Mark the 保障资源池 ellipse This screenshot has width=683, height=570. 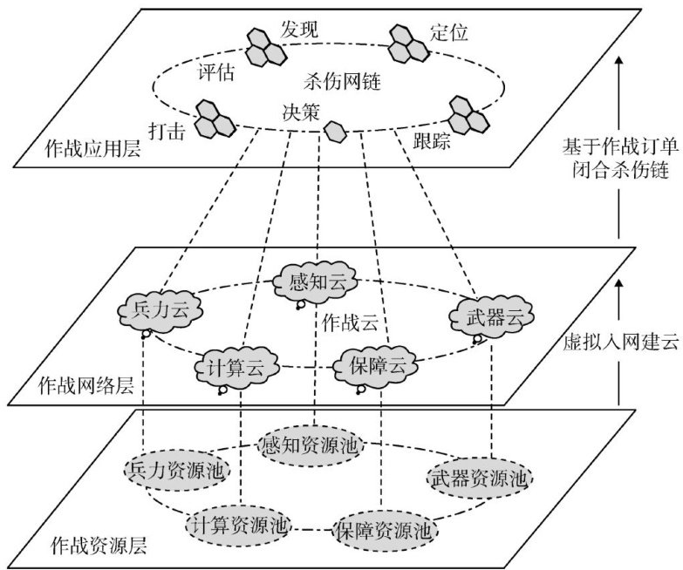click(x=383, y=528)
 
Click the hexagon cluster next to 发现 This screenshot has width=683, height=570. click(x=261, y=47)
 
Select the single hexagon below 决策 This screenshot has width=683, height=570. click(x=334, y=132)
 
